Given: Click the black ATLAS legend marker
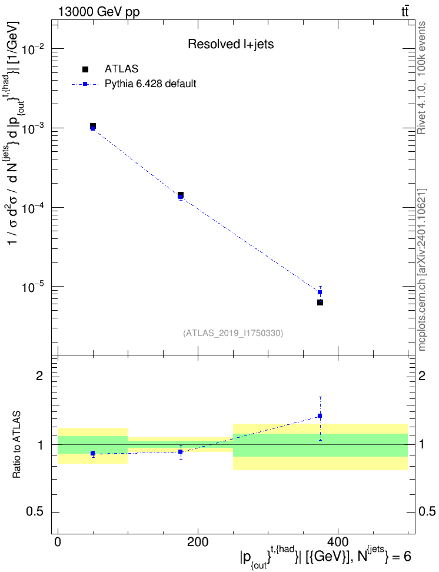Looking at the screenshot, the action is pyautogui.click(x=85, y=69).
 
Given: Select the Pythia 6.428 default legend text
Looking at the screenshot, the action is pyautogui.click(x=150, y=84).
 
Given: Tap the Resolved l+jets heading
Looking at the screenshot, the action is pyautogui.click(x=231, y=44).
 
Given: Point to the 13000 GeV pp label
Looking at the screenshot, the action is pyautogui.click(x=99, y=12).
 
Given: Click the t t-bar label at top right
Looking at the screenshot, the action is pyautogui.click(x=405, y=12).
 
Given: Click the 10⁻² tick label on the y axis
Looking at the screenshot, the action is pyautogui.click(x=34, y=49).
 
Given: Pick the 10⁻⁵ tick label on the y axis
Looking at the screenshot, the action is pyautogui.click(x=34, y=287).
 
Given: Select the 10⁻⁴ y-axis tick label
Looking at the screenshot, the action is pyautogui.click(x=34, y=208).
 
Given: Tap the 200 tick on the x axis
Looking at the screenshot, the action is pyautogui.click(x=198, y=542).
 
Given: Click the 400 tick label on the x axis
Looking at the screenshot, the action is pyautogui.click(x=338, y=542).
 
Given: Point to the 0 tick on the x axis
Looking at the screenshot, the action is pyautogui.click(x=58, y=542).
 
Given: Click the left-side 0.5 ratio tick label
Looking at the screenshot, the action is pyautogui.click(x=35, y=511).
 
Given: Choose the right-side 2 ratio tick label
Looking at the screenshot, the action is pyautogui.click(x=422, y=375).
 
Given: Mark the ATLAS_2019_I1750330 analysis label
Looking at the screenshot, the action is pyautogui.click(x=233, y=333).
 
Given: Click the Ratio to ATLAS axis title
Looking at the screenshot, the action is pyautogui.click(x=16, y=444).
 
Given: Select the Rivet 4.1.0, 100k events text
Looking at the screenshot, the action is pyautogui.click(x=421, y=78).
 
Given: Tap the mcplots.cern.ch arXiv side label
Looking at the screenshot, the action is pyautogui.click(x=421, y=270).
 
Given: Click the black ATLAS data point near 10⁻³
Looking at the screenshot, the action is pyautogui.click(x=93, y=126).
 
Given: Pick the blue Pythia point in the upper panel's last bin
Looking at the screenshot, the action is pyautogui.click(x=320, y=292).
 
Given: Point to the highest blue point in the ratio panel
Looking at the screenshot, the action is pyautogui.click(x=320, y=416).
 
